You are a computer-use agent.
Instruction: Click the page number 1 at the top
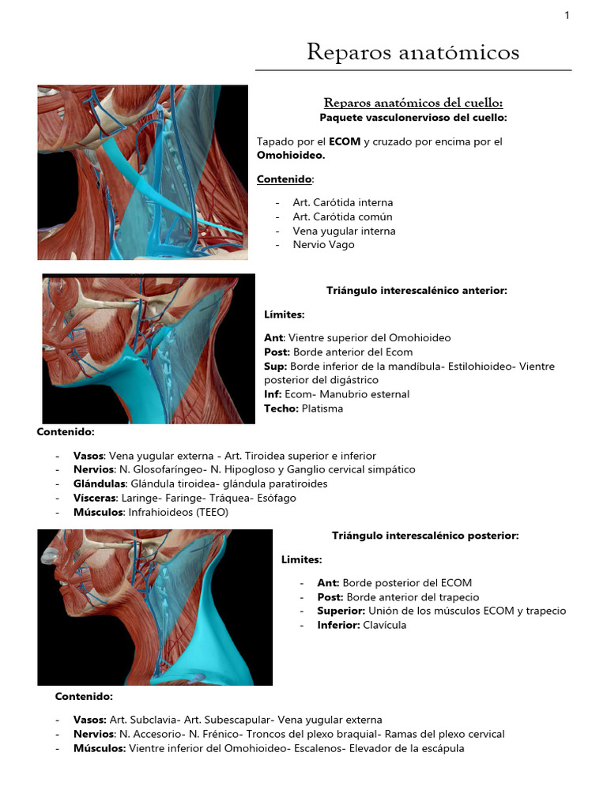(x=567, y=15)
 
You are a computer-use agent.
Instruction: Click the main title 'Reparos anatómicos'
(x=413, y=52)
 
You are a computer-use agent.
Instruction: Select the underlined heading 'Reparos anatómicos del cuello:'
(x=413, y=103)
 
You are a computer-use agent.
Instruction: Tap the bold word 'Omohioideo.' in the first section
(x=291, y=156)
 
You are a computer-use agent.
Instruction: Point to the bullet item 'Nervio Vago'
(x=323, y=245)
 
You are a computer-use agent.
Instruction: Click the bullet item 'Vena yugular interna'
(x=344, y=231)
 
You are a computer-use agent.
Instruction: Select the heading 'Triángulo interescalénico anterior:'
(x=417, y=291)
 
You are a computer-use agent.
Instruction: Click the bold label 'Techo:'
(x=281, y=408)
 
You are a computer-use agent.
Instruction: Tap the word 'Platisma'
(x=322, y=408)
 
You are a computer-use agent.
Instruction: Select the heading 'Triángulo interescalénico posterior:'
(x=425, y=536)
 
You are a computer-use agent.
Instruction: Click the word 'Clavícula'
(x=385, y=625)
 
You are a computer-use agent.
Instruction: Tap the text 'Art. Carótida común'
(x=342, y=216)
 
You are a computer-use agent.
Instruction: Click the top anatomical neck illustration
(x=142, y=172)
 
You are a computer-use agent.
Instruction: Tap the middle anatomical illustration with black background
(x=149, y=348)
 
